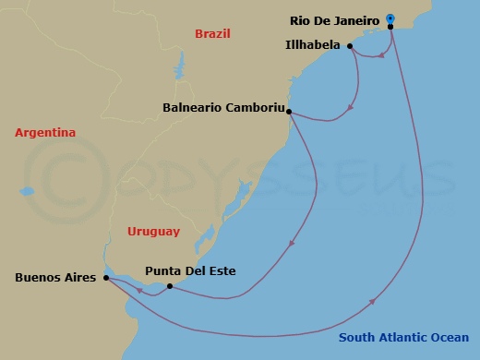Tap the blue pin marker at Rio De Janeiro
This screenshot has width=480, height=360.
point(390,18)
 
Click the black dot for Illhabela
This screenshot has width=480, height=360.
point(350,45)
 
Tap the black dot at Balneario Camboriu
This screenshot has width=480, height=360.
point(290,113)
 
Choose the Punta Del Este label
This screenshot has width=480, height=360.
point(190,271)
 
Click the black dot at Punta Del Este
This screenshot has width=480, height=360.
point(169,286)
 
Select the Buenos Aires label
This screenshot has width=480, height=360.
point(55,276)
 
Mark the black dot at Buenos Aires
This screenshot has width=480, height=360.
point(106,276)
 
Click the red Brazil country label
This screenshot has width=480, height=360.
point(211,34)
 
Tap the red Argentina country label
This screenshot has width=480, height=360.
point(44,134)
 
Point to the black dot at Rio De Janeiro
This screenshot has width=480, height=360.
point(391,27)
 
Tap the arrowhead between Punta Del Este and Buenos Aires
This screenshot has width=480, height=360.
point(138,290)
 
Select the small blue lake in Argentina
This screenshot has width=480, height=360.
point(27,192)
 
